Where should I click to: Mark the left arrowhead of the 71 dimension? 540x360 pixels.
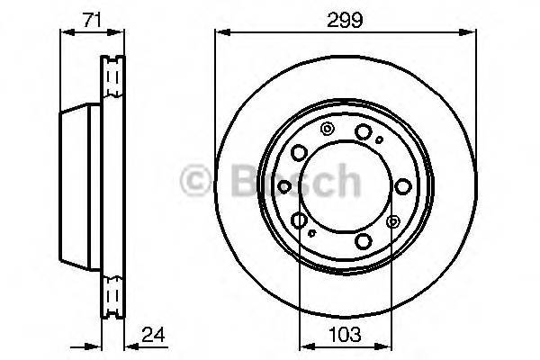point(62,32)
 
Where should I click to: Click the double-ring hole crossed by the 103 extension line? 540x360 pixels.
point(391,221)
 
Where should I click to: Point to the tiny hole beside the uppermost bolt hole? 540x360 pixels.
point(380,139)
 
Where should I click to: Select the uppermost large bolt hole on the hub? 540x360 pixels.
point(362,133)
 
